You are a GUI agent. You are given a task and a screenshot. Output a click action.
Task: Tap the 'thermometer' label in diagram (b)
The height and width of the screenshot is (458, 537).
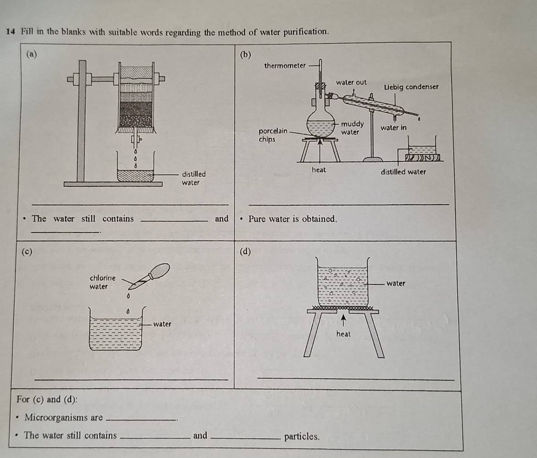coord(285,66)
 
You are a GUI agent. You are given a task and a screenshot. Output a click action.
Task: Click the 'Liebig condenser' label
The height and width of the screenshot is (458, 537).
coord(411,87)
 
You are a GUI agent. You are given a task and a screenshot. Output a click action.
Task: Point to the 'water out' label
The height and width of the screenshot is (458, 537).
coord(351,83)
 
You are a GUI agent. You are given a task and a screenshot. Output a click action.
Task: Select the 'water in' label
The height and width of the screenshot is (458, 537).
coord(393,127)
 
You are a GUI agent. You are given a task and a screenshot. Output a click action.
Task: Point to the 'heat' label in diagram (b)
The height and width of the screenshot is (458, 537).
coord(319,170)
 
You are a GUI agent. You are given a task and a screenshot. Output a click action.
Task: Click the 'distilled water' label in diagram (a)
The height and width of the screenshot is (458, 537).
coord(193,178)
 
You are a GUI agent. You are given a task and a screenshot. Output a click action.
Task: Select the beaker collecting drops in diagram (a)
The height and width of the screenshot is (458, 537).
coord(136,172)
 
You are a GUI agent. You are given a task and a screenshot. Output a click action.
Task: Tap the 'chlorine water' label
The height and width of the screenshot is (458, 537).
coord(101,282)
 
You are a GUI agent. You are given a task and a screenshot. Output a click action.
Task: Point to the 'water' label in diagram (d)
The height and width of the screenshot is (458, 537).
coord(396,284)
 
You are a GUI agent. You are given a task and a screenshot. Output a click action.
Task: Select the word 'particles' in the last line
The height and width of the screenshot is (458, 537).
coord(302,436)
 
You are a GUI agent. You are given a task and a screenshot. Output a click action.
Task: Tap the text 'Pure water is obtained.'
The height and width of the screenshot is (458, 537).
coord(292,219)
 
